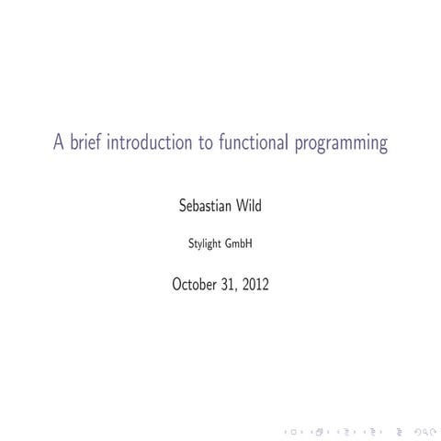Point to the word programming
345,145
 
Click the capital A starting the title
58,143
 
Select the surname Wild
248,206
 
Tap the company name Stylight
203,245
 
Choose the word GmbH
240,244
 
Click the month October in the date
198,285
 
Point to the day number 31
232,285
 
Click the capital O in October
177,285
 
